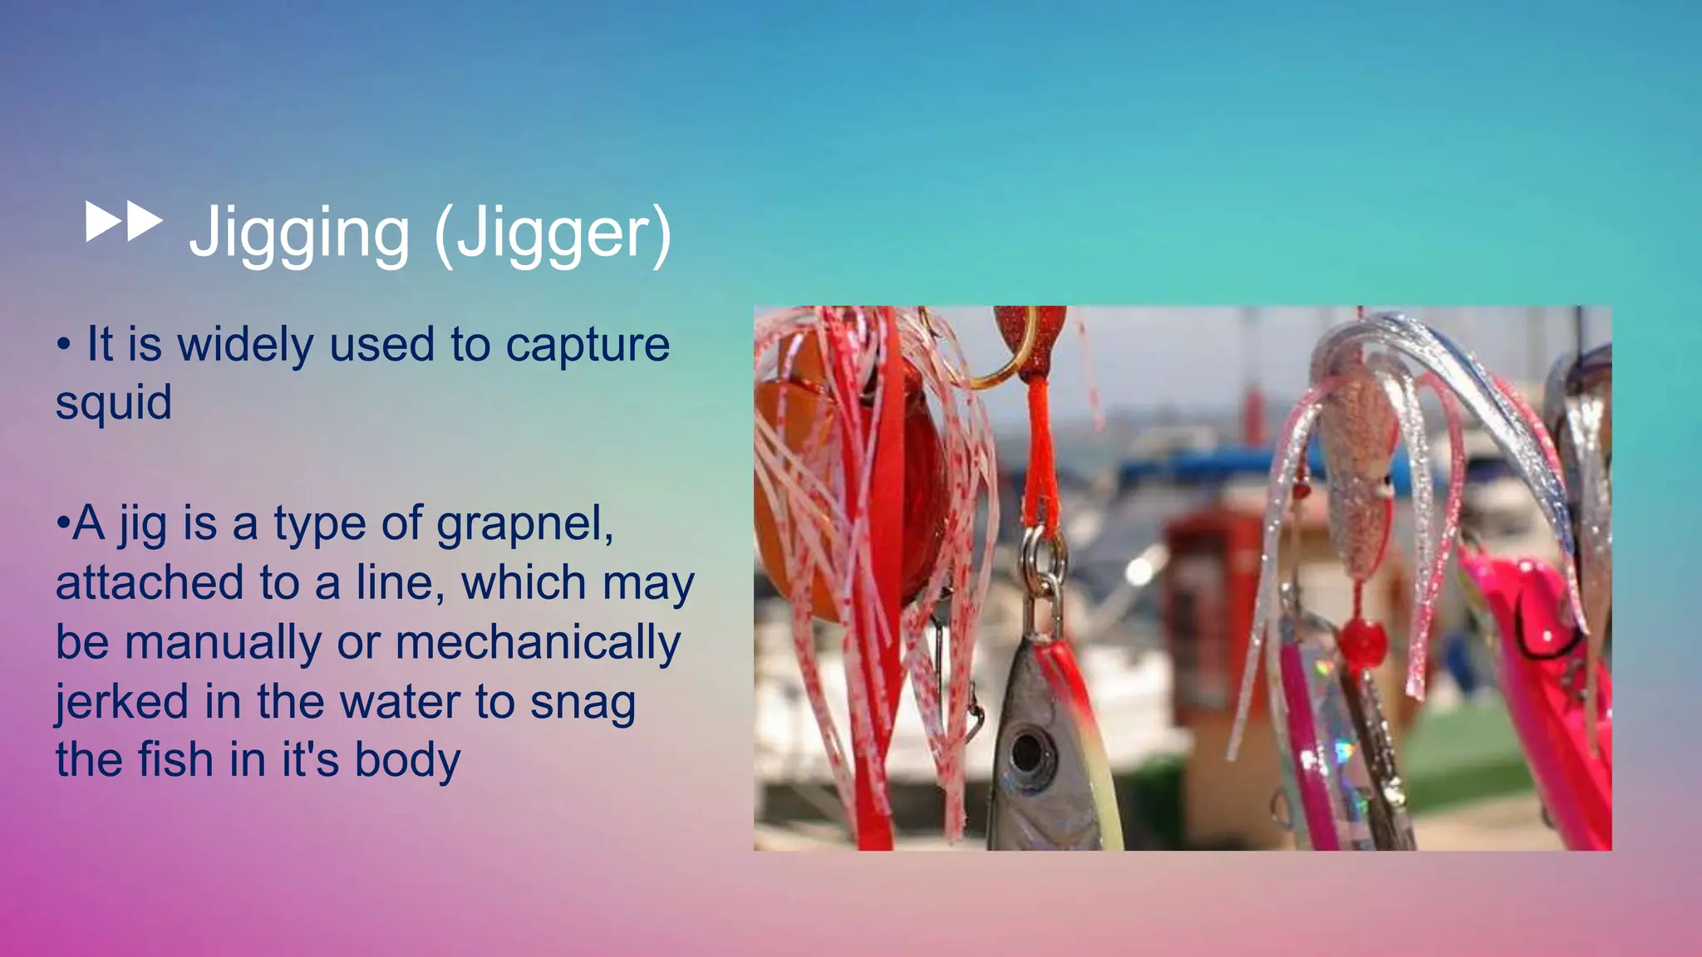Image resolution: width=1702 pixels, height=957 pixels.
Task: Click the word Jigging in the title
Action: [x=299, y=233]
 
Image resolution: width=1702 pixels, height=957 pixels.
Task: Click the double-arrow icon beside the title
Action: [x=124, y=223]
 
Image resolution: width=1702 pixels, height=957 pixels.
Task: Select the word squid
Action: [x=114, y=403]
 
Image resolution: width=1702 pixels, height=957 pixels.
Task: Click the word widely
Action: [x=246, y=345]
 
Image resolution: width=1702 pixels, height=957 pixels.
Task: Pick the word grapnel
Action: [x=525, y=525]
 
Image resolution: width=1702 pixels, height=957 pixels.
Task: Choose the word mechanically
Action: [x=538, y=643]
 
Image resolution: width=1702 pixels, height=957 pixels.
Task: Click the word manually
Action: [x=224, y=643]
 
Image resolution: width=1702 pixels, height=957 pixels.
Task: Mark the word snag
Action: [x=583, y=703]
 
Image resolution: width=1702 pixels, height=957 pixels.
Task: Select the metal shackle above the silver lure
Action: [x=1043, y=573]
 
